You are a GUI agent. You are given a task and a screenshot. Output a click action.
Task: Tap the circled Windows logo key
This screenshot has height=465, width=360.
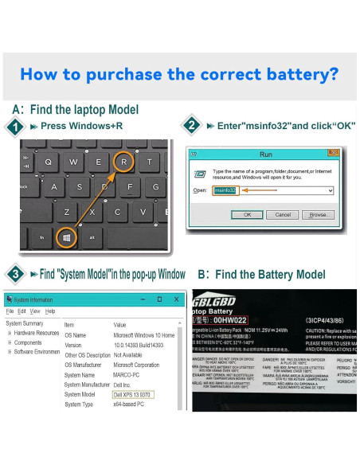pos(67,236)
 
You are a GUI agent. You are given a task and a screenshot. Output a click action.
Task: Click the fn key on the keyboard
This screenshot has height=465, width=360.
pos(41,237)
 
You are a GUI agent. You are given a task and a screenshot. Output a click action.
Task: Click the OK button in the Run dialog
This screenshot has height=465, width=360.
pos(248,214)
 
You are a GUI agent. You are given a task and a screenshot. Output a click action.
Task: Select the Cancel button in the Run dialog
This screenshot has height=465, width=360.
pos(283,214)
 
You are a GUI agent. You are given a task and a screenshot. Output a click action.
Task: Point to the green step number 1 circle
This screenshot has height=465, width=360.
pos(14,127)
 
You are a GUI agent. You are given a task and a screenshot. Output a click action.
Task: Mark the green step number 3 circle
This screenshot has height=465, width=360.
pos(14,274)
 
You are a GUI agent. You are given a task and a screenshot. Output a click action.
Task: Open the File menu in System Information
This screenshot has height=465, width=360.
pos(10,311)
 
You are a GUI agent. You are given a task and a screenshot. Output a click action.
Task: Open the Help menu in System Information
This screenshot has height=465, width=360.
pos(50,311)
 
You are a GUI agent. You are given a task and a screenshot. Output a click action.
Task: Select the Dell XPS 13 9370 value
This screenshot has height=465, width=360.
pos(133,394)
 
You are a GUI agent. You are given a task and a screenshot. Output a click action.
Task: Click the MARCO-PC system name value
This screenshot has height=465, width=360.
pos(128,374)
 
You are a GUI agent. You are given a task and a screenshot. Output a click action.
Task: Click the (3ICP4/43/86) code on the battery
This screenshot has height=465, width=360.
pos(327,319)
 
